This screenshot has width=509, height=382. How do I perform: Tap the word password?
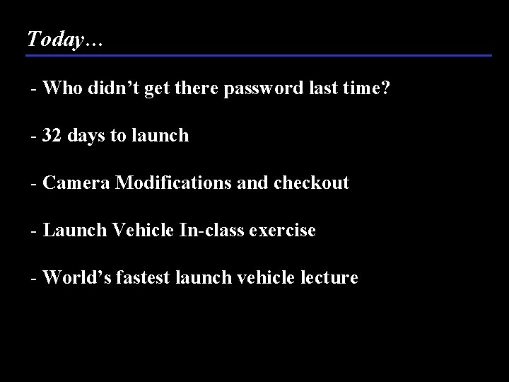click(x=255, y=89)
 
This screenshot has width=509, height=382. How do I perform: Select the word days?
click(x=84, y=135)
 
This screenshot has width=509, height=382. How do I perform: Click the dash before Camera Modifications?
click(x=33, y=184)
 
